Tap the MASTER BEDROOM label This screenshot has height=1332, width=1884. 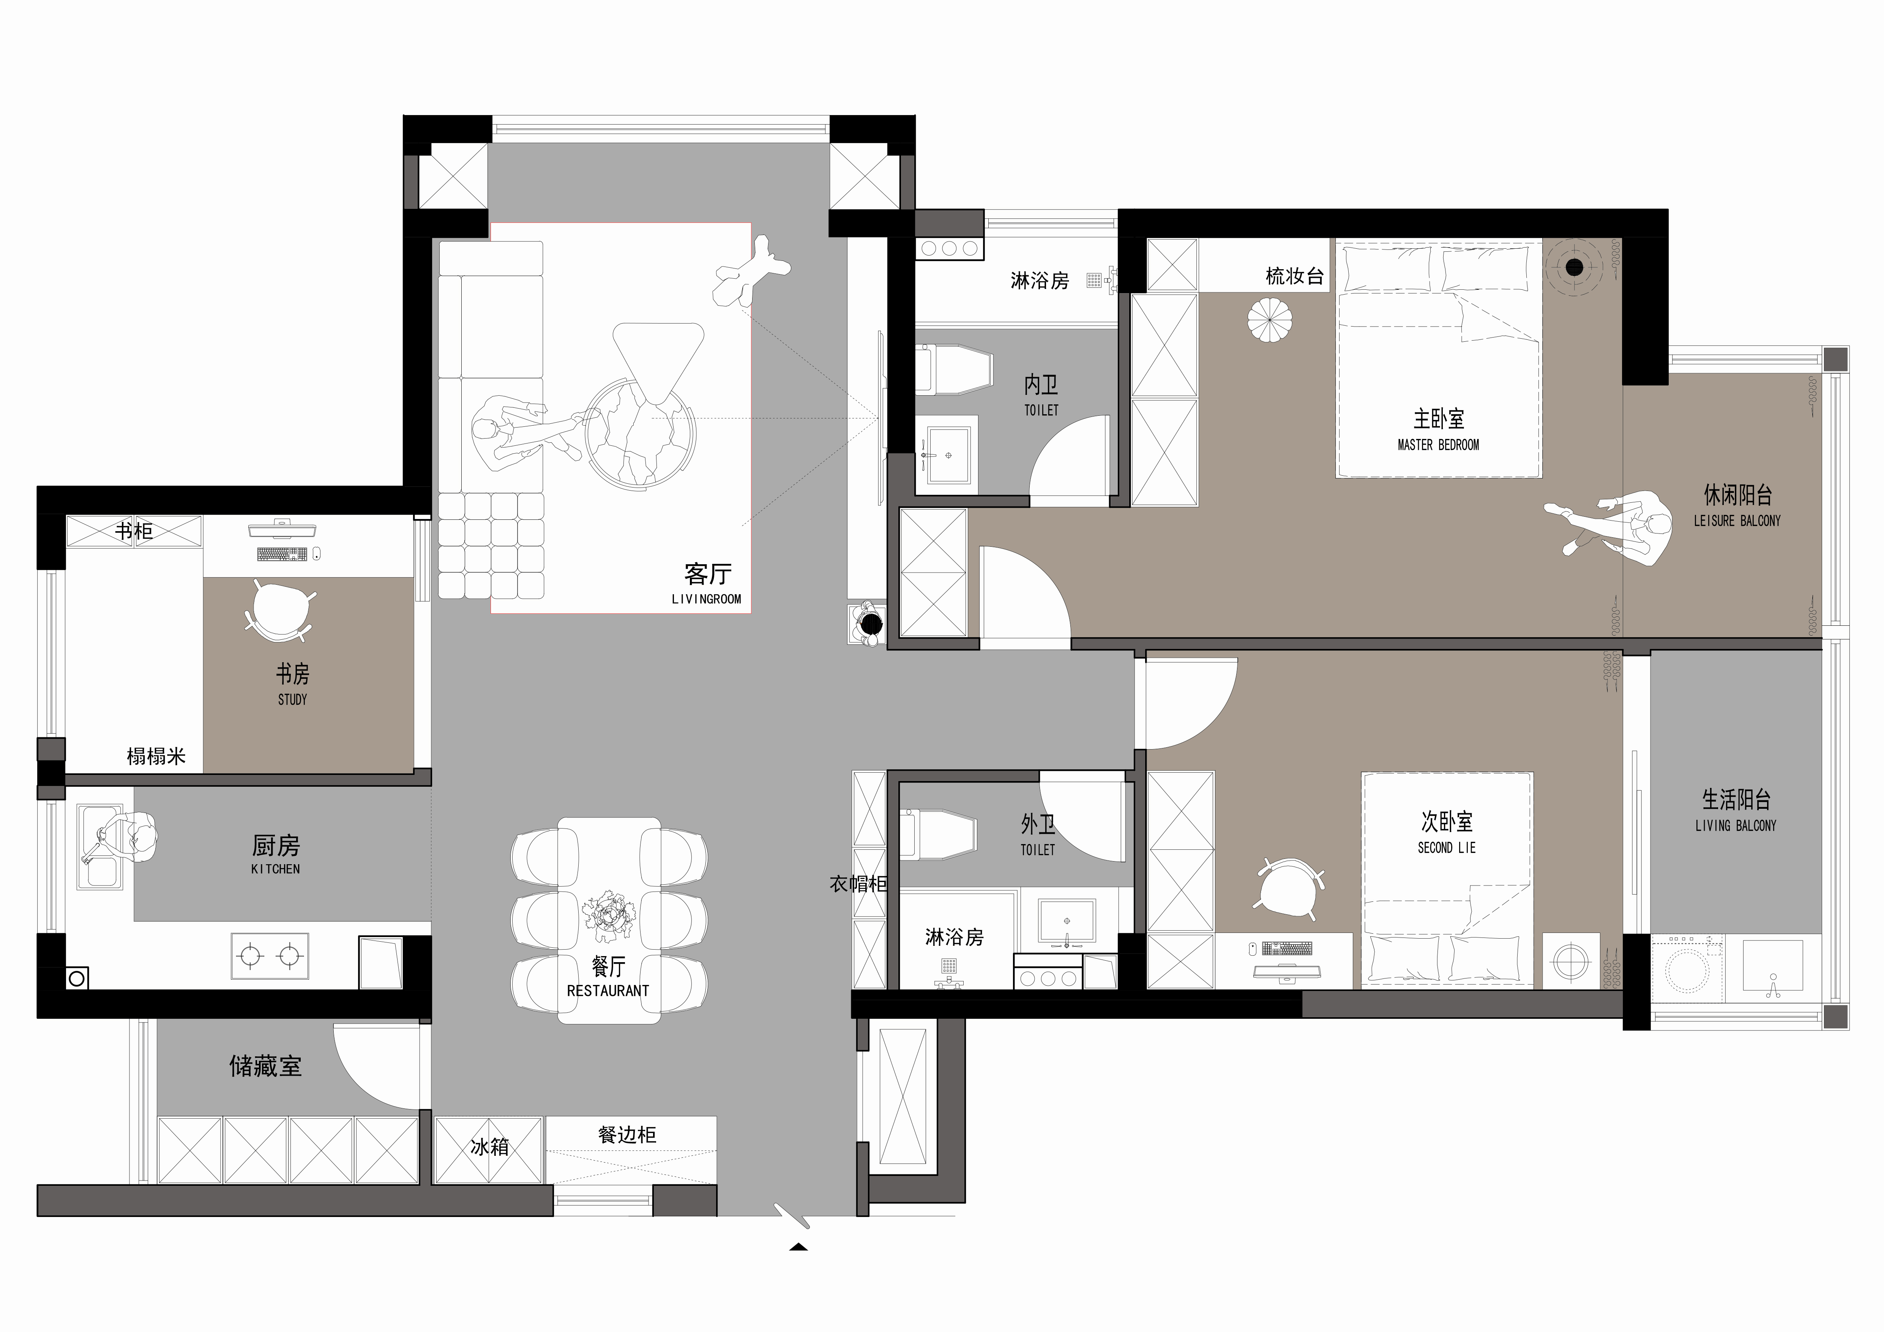[x=1438, y=445]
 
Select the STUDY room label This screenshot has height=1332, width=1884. [x=292, y=699]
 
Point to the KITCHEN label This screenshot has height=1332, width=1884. [x=276, y=868]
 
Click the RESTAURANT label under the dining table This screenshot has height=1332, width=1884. [x=608, y=991]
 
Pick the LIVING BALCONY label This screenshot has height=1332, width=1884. [x=1736, y=825]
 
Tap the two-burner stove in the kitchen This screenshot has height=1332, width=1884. [x=270, y=955]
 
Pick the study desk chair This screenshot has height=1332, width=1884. [x=281, y=611]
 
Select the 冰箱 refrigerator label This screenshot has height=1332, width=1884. [x=490, y=1147]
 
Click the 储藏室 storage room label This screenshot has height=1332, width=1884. [x=265, y=1066]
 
